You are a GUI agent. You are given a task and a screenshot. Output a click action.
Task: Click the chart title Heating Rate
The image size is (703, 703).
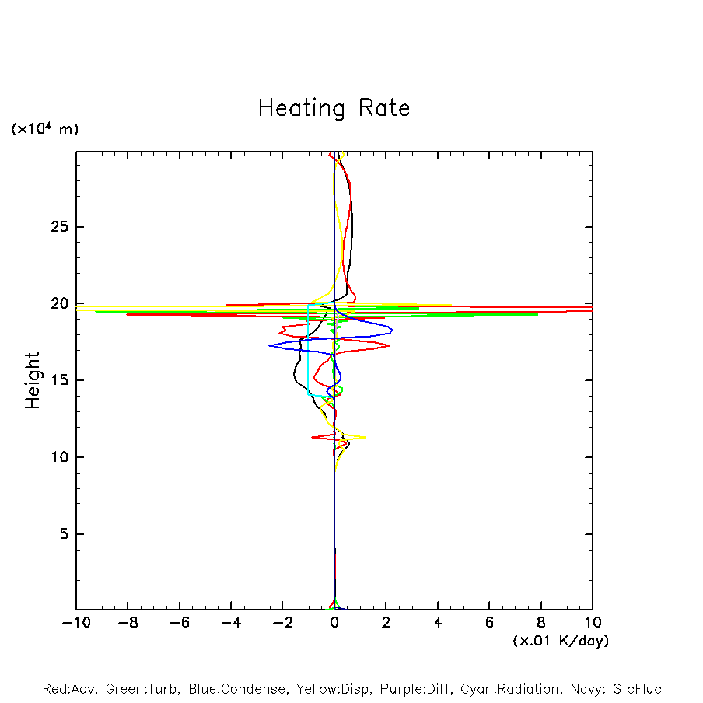click(x=334, y=108)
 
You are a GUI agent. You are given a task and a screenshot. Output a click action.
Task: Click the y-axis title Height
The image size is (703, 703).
click(x=32, y=380)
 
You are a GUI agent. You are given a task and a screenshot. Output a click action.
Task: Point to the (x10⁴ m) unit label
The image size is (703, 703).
click(x=44, y=129)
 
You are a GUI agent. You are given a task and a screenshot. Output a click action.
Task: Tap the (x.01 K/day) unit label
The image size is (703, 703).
click(x=560, y=641)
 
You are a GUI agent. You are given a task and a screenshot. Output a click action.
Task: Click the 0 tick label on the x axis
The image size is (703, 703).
click(x=334, y=623)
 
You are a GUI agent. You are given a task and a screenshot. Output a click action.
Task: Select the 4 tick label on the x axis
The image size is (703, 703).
click(x=438, y=623)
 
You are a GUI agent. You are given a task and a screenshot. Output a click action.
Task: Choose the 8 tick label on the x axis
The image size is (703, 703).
click(x=541, y=623)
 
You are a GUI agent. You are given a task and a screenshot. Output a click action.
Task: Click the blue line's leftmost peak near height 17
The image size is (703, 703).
click(x=269, y=345)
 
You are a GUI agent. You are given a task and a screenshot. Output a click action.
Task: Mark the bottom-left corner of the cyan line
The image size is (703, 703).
click(x=309, y=395)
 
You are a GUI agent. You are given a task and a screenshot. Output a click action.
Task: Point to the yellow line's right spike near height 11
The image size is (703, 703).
click(x=365, y=437)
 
